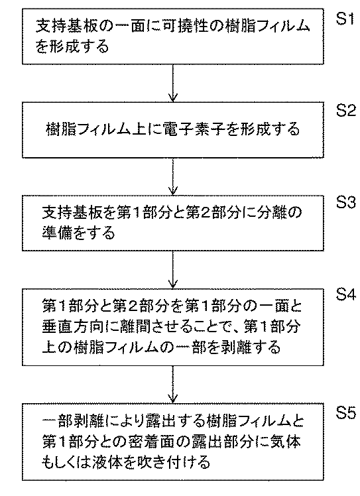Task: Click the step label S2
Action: (346, 110)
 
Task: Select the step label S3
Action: (346, 202)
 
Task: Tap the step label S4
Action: (346, 295)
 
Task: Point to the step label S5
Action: (346, 412)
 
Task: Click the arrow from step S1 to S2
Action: (173, 83)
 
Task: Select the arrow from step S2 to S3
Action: (173, 176)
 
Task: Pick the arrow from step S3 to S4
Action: (173, 269)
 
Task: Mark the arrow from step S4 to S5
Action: (173, 384)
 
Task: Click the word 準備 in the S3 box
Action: (57, 233)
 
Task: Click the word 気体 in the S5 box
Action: (284, 442)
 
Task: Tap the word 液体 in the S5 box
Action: (109, 462)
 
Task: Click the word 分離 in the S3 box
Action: (270, 213)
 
